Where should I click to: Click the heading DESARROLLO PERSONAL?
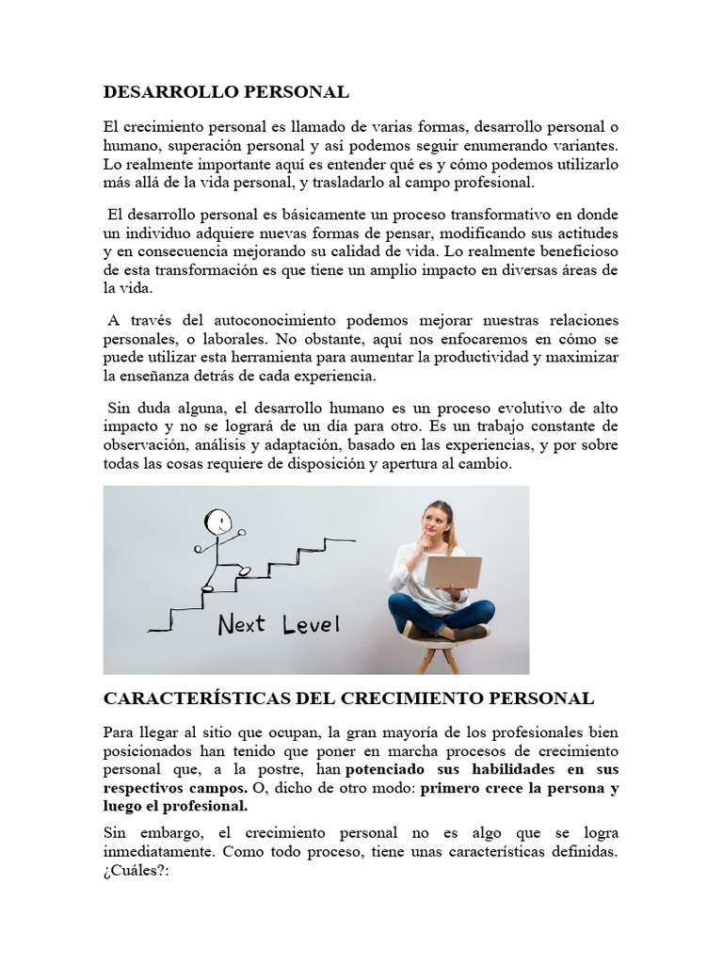coord(226,91)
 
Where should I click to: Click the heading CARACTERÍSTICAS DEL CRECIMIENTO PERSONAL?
coord(348,699)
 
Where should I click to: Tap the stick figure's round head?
coord(218,521)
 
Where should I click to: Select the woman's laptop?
coord(453,572)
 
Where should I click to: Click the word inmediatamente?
coord(164,852)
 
